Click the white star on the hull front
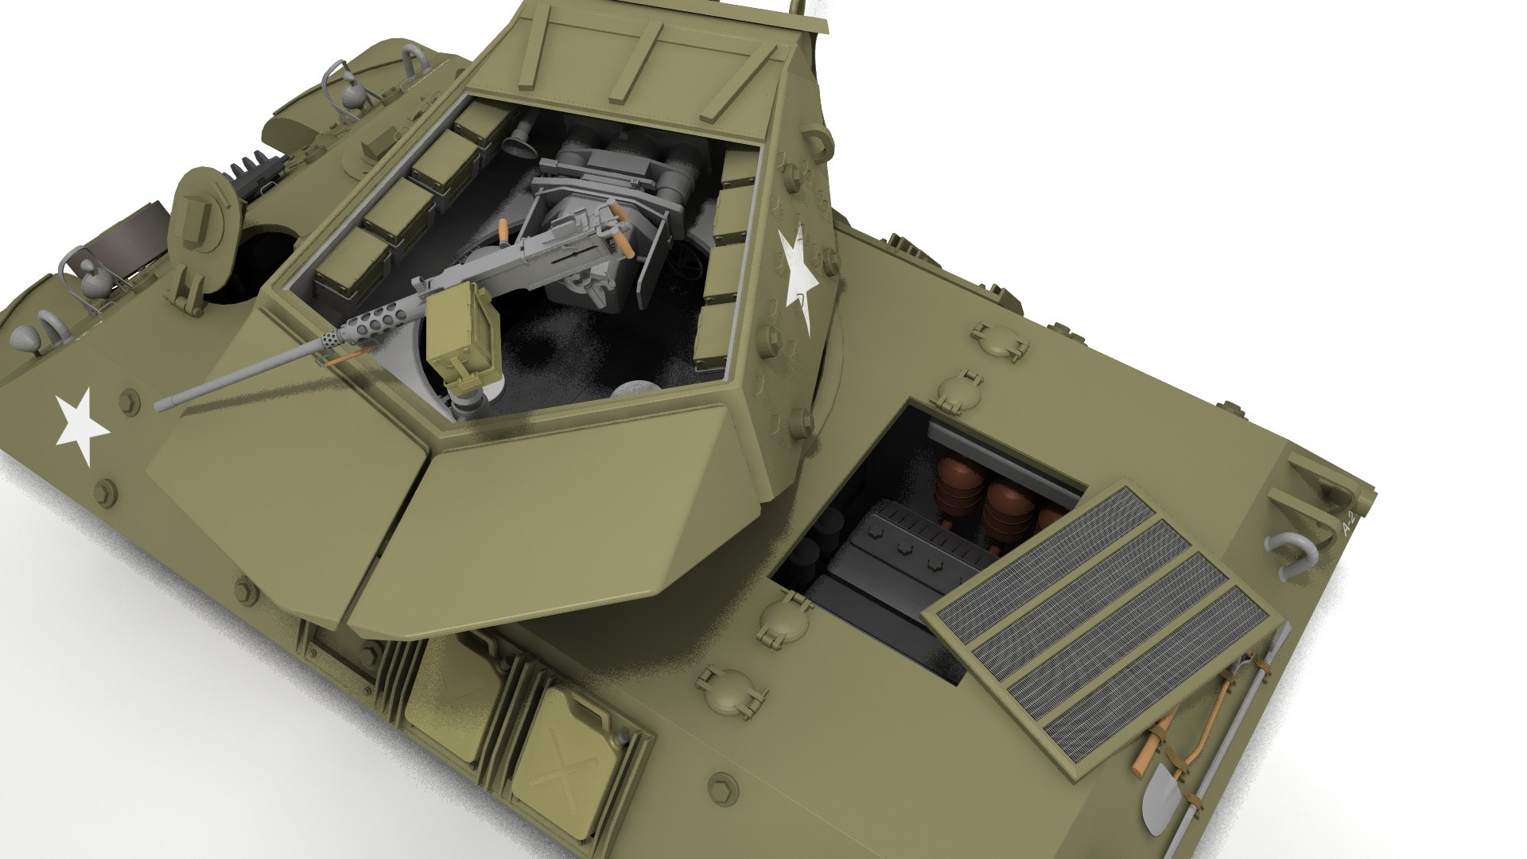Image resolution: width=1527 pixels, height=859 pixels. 80,426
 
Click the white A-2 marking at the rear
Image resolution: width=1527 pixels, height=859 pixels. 1347,525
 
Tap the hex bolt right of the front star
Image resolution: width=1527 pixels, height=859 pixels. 126,400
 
